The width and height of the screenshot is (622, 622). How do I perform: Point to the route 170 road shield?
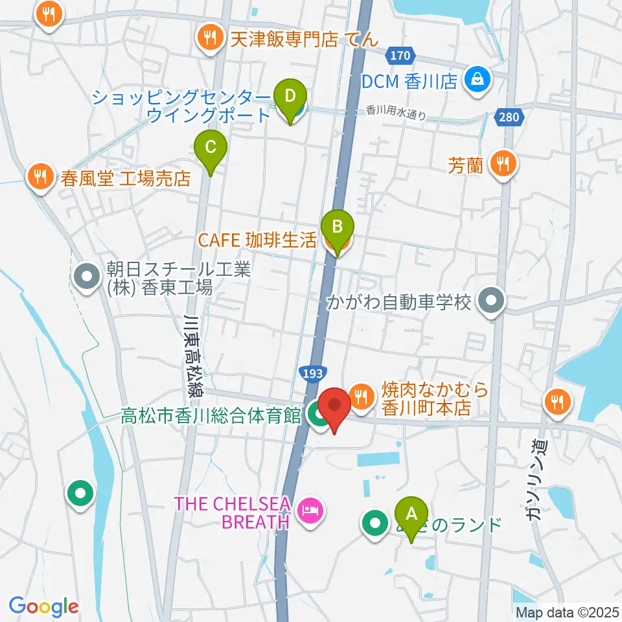(400, 56)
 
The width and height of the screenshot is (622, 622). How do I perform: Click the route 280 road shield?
(509, 117)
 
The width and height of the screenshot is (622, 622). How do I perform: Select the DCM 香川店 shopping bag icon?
(480, 80)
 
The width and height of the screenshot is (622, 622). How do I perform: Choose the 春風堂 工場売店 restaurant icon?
(41, 176)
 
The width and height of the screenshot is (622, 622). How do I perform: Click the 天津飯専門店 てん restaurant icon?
(209, 38)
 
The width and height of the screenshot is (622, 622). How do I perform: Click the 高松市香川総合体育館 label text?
(211, 416)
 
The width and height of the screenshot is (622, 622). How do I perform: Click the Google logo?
(43, 606)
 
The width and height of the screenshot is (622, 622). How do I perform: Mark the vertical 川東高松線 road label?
(191, 356)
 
